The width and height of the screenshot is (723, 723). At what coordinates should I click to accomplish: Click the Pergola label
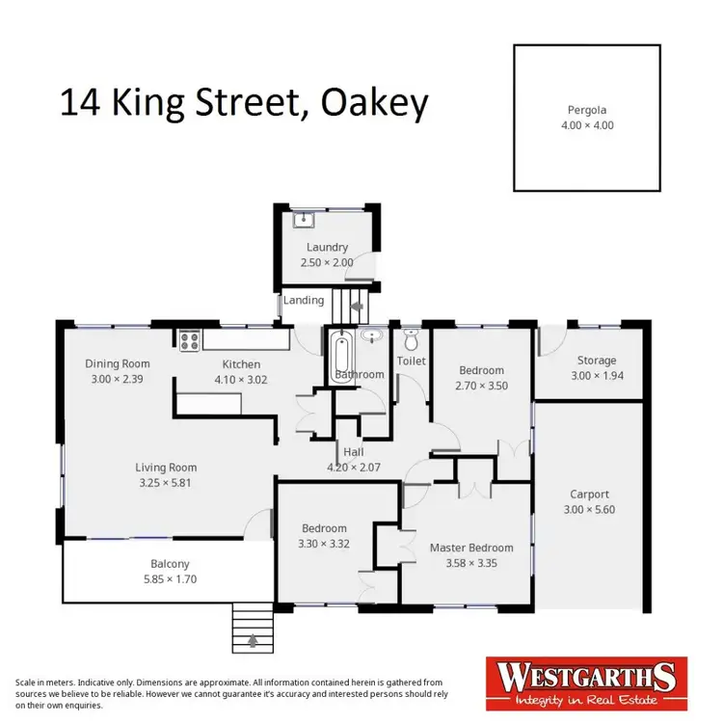click(x=587, y=110)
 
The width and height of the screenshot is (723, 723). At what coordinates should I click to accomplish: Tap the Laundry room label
click(x=327, y=247)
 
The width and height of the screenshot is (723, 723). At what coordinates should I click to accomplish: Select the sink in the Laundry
click(x=304, y=218)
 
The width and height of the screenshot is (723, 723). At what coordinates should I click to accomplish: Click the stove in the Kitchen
click(x=188, y=339)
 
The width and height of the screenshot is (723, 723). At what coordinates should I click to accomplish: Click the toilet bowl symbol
click(x=412, y=339)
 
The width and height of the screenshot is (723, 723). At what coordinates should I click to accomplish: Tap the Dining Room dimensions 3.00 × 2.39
click(x=118, y=379)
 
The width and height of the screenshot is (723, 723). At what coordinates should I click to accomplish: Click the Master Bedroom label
click(x=471, y=548)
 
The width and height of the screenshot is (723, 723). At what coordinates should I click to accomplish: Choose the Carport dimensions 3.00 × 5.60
click(x=588, y=510)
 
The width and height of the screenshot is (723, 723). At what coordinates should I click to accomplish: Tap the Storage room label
click(x=597, y=361)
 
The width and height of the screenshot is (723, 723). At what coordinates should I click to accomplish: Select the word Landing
click(x=304, y=300)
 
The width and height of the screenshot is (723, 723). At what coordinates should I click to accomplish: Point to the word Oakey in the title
click(x=370, y=103)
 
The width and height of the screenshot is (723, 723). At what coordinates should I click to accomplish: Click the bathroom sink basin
click(x=372, y=336)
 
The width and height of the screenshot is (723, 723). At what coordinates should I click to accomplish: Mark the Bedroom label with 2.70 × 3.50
click(x=481, y=370)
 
